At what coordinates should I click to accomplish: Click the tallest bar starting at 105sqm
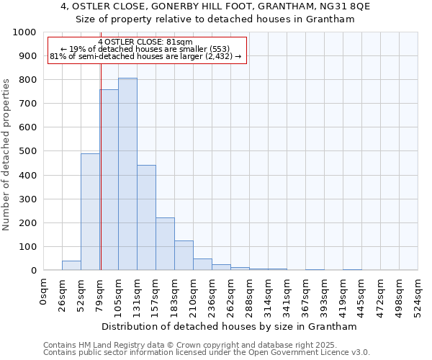[127, 174]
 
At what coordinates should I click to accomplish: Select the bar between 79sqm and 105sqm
[109, 180]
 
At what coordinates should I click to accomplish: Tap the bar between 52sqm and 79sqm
[90, 212]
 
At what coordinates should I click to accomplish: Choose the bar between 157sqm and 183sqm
[165, 243]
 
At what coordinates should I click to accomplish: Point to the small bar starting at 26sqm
[71, 265]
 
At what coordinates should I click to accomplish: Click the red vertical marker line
[101, 144]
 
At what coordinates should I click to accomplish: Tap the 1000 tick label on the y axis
[24, 32]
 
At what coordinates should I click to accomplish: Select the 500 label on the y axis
[27, 151]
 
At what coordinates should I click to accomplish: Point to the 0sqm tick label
[44, 292]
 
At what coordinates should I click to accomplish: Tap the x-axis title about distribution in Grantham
[230, 327]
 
